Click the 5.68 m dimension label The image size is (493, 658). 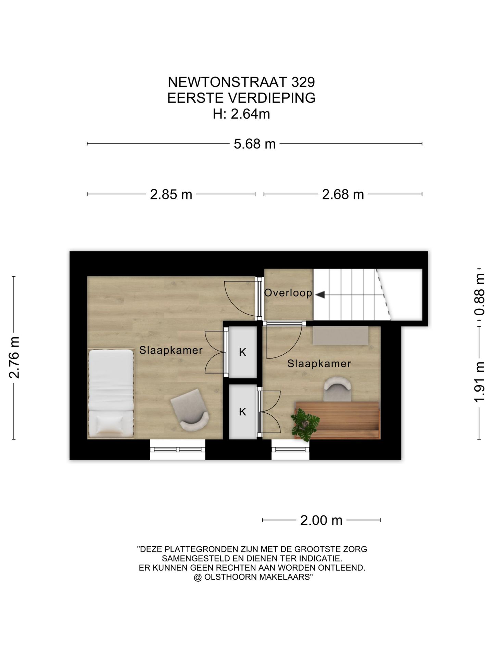[x=254, y=144]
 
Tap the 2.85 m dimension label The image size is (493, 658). [x=171, y=195]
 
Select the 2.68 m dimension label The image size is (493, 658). [x=343, y=195]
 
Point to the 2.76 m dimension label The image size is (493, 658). [x=14, y=357]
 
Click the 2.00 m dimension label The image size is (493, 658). [x=321, y=520]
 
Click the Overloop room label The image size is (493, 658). [x=288, y=293]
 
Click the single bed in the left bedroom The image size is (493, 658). [x=111, y=394]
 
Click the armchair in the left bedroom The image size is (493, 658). [x=190, y=410]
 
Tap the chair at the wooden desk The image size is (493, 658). [x=338, y=389]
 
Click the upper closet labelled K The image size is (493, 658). [x=242, y=352]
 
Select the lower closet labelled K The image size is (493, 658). [x=242, y=412]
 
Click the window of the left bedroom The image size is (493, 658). [x=177, y=450]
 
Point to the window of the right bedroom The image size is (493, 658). [x=290, y=450]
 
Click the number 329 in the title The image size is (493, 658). [x=303, y=82]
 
